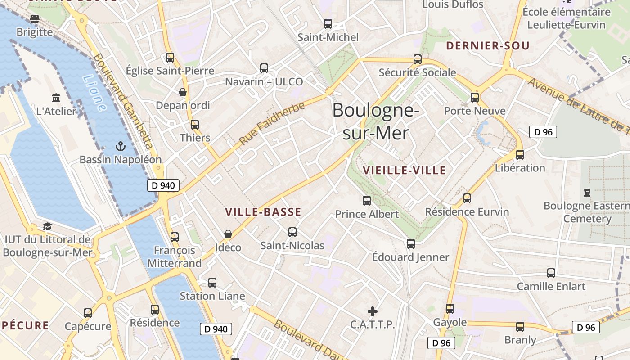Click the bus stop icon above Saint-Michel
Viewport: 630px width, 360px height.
pyautogui.click(x=328, y=24)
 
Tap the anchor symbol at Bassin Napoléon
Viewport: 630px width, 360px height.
pyautogui.click(x=120, y=146)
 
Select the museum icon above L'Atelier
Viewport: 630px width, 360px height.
pyautogui.click(x=56, y=98)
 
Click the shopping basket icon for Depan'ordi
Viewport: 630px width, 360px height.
pyautogui.click(x=183, y=92)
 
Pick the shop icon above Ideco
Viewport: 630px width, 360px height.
pyautogui.click(x=228, y=234)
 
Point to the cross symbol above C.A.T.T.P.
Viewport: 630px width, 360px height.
pyautogui.click(x=373, y=311)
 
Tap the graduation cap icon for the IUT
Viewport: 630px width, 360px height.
pyautogui.click(x=47, y=226)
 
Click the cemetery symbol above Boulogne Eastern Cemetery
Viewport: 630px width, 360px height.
pyautogui.click(x=587, y=193)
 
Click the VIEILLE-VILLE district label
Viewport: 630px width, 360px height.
pyautogui.click(x=404, y=171)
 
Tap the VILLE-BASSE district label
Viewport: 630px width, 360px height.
pyautogui.click(x=263, y=212)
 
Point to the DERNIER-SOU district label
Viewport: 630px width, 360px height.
pyautogui.click(x=488, y=46)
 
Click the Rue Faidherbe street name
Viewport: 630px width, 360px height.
pyautogui.click(x=272, y=123)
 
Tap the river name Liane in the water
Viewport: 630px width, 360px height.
pyautogui.click(x=94, y=93)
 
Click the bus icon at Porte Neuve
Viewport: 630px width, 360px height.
pyautogui.click(x=475, y=98)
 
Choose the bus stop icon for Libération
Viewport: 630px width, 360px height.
pyautogui.click(x=520, y=155)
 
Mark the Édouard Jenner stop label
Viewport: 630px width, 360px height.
pyautogui.click(x=410, y=257)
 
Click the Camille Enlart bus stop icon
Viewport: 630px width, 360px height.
pyautogui.click(x=551, y=273)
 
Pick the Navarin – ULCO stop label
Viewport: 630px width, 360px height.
pyautogui.click(x=264, y=82)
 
